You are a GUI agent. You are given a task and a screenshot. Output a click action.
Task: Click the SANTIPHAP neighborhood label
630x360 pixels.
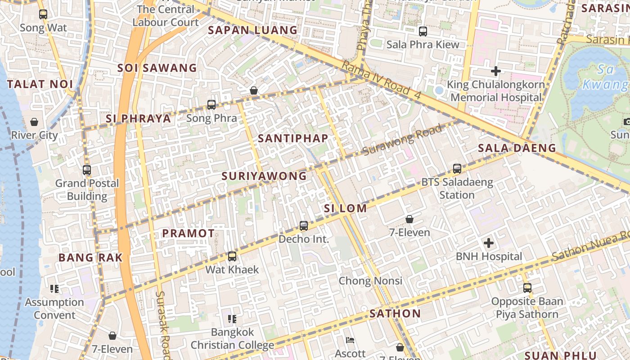(293, 139)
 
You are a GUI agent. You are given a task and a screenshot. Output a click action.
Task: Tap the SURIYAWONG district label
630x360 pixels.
(264, 176)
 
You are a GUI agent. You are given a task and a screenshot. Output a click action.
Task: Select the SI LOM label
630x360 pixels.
(345, 208)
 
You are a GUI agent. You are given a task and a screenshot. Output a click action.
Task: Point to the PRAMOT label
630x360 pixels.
(189, 234)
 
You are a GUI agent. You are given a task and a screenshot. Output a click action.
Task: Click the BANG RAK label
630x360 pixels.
(90, 258)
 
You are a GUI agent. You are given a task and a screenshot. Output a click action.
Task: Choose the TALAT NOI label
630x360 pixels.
(40, 84)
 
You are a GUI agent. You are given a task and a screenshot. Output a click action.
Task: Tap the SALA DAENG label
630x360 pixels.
(517, 148)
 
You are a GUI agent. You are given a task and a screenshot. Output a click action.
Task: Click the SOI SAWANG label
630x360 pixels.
(157, 68)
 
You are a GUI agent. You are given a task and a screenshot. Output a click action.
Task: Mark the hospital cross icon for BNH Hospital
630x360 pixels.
(488, 243)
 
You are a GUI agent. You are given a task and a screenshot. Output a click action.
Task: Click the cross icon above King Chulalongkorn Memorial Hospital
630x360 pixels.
(495, 71)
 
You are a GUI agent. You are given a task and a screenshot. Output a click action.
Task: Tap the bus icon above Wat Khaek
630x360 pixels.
(232, 256)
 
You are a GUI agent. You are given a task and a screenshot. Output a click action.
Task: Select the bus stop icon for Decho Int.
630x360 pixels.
(304, 226)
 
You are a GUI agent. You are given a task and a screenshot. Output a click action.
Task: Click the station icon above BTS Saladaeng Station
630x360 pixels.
(457, 169)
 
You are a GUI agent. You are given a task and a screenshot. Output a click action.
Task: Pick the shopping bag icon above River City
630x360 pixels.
(34, 122)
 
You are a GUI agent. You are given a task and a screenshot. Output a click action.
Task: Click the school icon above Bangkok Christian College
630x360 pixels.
(232, 319)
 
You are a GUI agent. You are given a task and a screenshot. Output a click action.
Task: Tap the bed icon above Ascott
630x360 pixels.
(350, 340)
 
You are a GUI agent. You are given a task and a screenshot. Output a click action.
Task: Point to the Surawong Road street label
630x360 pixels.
(402, 140)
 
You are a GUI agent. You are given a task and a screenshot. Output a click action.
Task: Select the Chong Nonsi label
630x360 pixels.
(370, 281)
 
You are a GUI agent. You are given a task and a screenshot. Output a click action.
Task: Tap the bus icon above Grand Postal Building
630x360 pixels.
(87, 170)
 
